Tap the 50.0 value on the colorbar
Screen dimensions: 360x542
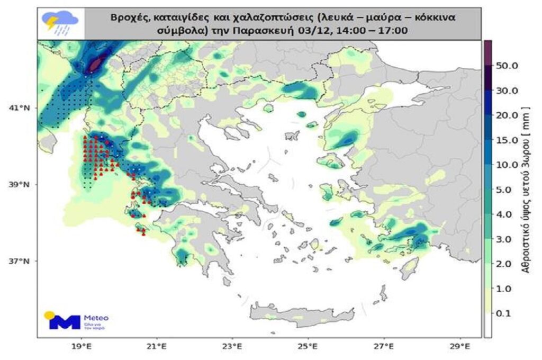click(x=507, y=66)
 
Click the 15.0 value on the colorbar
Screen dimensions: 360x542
click(x=507, y=140)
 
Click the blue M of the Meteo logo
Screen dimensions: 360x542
click(x=65, y=321)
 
